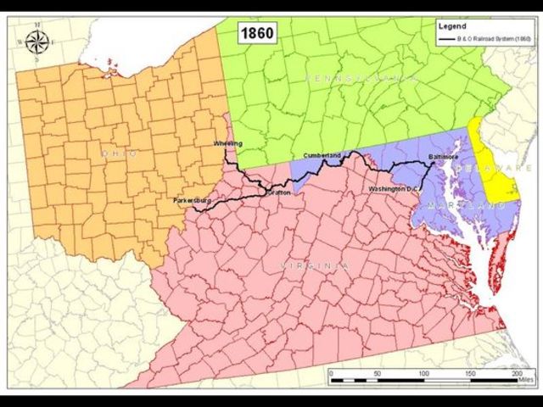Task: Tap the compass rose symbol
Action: pos(36,40)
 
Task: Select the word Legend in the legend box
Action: pos(451,26)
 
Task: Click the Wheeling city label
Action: pos(228,144)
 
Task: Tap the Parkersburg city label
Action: pos(191,200)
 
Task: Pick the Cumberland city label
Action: pos(322,156)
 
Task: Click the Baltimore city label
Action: pos(443,157)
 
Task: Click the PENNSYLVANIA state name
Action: pos(361,78)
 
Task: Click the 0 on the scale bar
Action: pos(331,372)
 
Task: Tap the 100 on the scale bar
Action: pos(422,372)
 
